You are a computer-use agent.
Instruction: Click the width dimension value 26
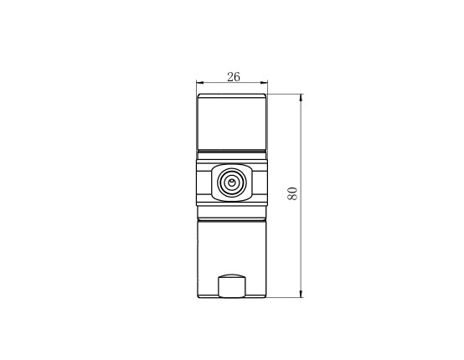click(x=234, y=77)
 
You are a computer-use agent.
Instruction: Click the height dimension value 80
click(x=292, y=193)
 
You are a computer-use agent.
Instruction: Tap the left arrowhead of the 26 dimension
click(x=200, y=83)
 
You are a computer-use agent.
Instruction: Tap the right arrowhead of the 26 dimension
click(x=264, y=83)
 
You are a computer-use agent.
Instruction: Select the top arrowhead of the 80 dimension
click(x=301, y=98)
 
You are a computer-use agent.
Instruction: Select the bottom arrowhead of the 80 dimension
click(x=301, y=294)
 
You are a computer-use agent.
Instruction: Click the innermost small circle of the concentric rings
click(x=231, y=182)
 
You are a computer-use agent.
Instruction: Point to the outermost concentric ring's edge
click(x=218, y=183)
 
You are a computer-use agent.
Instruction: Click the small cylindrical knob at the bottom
click(x=232, y=286)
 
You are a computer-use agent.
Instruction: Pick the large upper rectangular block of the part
click(x=232, y=121)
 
